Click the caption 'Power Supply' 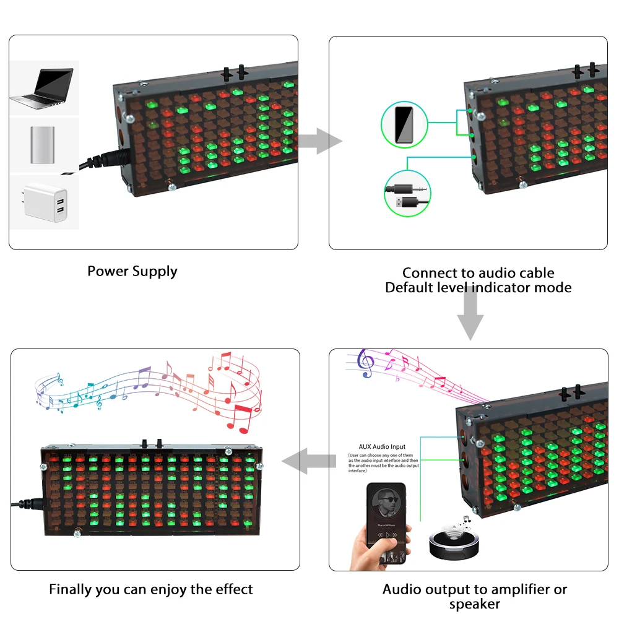click(x=132, y=271)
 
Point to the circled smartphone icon click(x=404, y=125)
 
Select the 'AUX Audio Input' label click(x=382, y=446)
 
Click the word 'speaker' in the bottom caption click(x=474, y=604)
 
